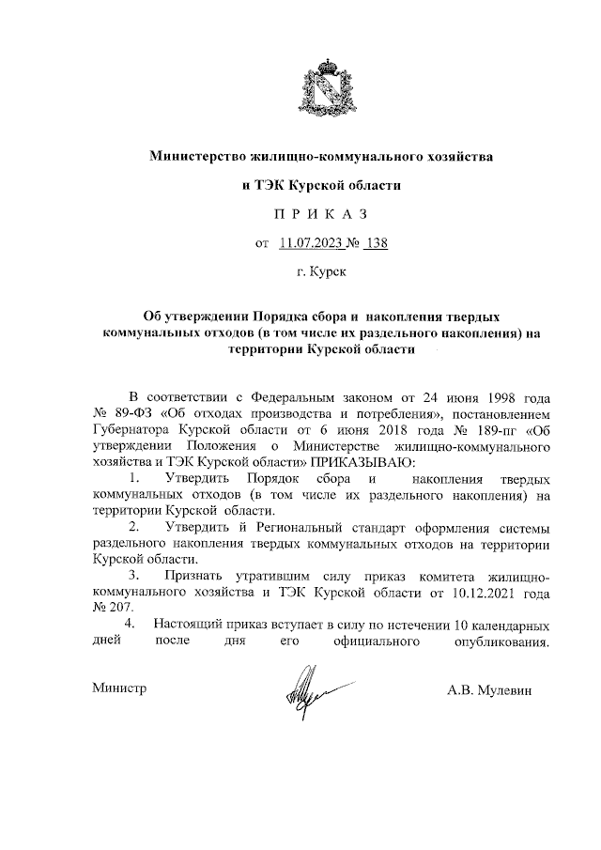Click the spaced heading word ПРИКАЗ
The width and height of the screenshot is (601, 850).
pyautogui.click(x=321, y=214)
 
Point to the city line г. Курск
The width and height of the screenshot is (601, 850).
pyautogui.click(x=321, y=274)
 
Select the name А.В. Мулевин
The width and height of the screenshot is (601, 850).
pyautogui.click(x=489, y=690)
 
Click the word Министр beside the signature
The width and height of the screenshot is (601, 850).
pyautogui.click(x=119, y=688)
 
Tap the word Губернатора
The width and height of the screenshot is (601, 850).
pyautogui.click(x=131, y=428)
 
